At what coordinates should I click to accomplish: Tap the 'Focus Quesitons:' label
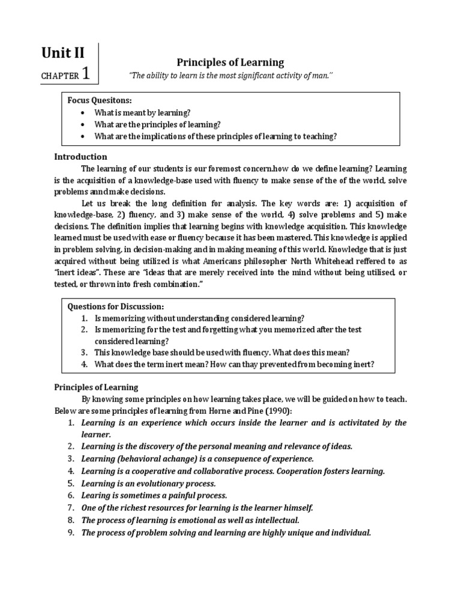95,101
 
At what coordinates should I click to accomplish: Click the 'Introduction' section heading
80,157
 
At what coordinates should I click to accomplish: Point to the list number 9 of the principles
70,532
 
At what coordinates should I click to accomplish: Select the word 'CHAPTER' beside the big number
60,76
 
